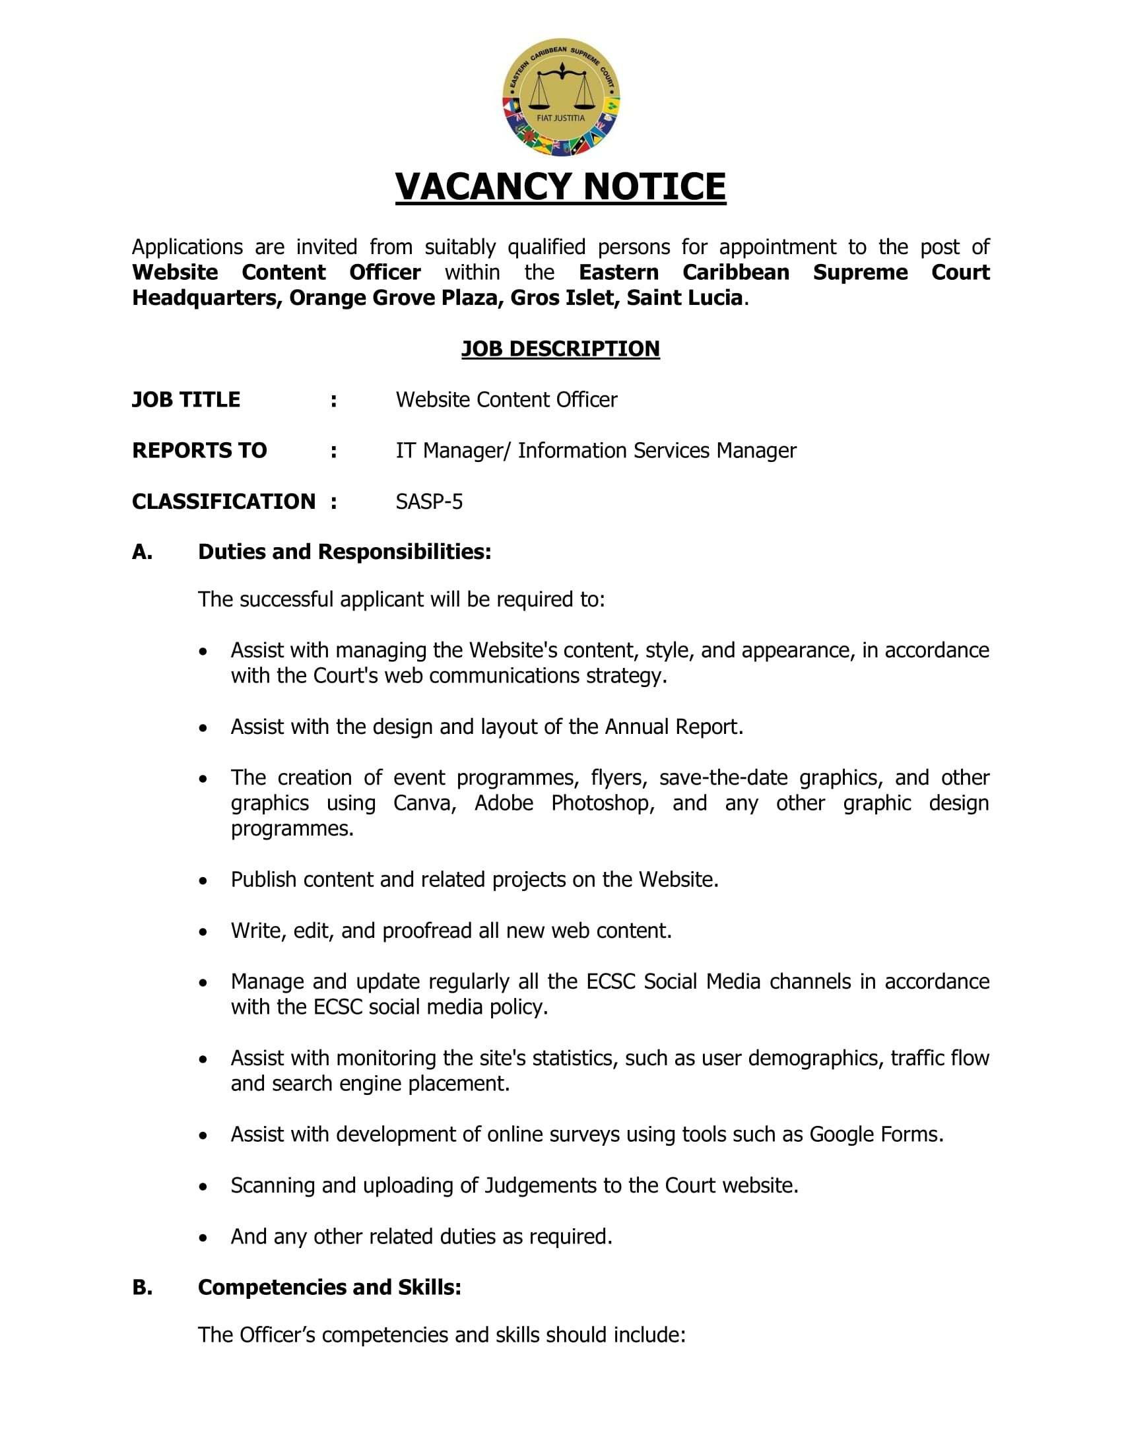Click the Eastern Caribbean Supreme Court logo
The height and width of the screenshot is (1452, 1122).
pos(560,97)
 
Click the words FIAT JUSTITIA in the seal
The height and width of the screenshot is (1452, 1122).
pos(560,118)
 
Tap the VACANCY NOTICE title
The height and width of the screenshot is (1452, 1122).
pos(560,186)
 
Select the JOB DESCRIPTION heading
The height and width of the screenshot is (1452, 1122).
pos(560,348)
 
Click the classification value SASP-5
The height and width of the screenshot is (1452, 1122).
pos(429,502)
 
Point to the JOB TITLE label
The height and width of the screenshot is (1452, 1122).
pos(186,399)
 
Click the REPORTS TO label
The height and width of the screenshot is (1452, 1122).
pos(199,450)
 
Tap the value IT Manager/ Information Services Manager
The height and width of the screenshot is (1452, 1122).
pos(595,450)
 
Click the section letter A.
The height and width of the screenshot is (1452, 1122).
pos(143,552)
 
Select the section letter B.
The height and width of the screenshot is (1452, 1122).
pos(143,1287)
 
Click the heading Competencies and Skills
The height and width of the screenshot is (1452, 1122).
pos(329,1287)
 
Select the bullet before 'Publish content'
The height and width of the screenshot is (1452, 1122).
pos(203,881)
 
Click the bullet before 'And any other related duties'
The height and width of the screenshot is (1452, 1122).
pos(203,1238)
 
